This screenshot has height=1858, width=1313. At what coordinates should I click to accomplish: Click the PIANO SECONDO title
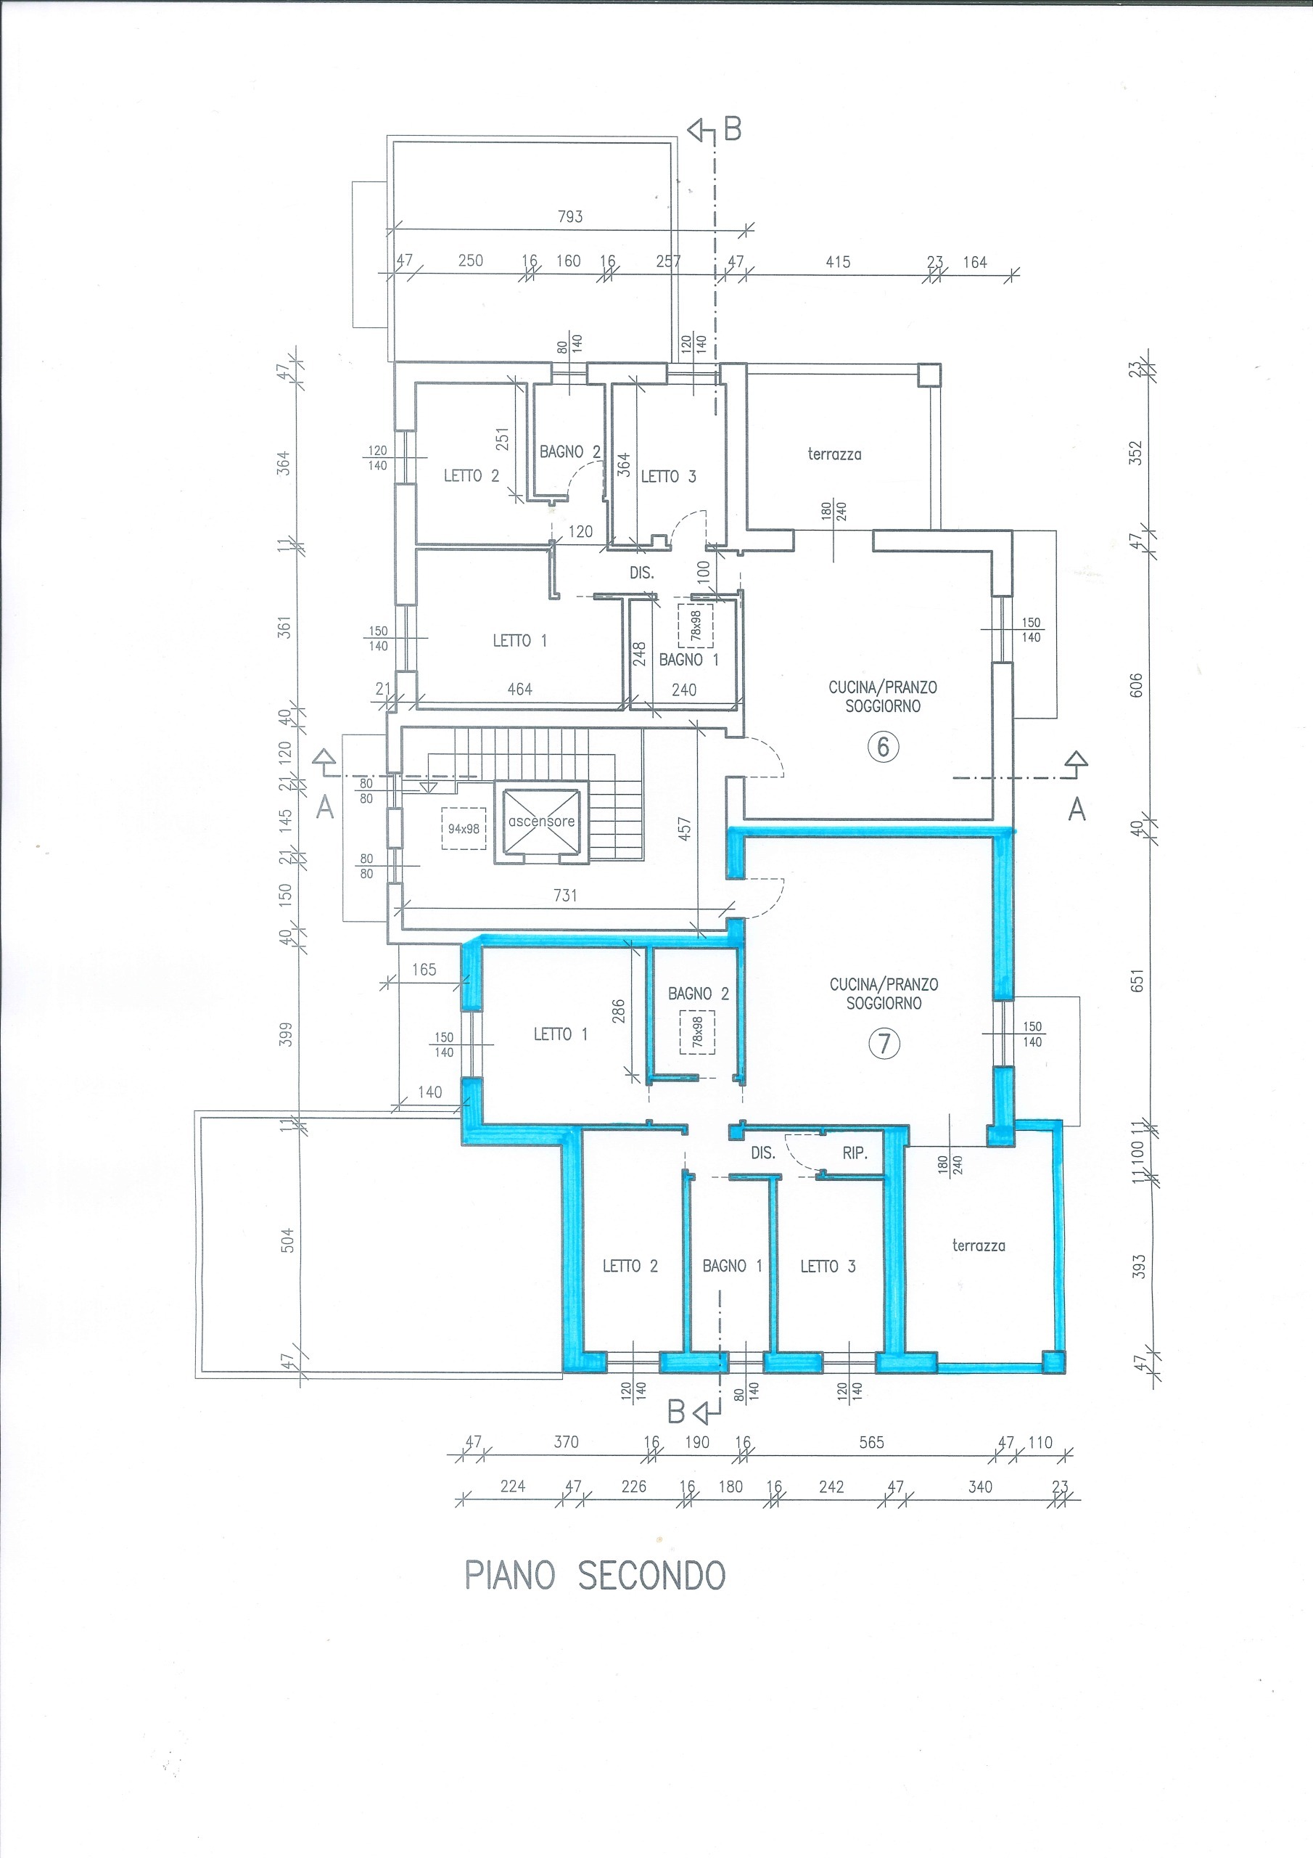tap(595, 1576)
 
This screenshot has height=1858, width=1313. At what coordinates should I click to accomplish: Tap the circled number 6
tap(883, 746)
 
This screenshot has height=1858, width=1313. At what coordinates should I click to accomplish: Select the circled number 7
tap(884, 1044)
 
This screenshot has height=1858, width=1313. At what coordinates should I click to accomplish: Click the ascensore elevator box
tap(541, 822)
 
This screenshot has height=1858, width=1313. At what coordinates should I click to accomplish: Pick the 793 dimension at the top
tap(570, 217)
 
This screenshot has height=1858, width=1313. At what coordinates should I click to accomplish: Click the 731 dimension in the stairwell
tap(566, 895)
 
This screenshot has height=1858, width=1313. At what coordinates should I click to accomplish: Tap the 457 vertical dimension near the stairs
tap(684, 828)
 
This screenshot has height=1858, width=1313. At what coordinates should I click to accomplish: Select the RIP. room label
tap(855, 1154)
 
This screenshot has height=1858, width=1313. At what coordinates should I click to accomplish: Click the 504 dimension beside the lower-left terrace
tap(287, 1240)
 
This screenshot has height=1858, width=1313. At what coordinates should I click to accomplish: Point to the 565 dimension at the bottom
tap(871, 1442)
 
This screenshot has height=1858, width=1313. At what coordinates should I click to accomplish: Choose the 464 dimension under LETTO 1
tap(519, 689)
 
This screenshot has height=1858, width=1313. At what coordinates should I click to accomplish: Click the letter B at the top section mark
tap(732, 129)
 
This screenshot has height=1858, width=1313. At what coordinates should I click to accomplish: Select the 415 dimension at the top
tap(838, 261)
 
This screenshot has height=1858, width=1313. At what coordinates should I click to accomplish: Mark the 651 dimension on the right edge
tap(1138, 981)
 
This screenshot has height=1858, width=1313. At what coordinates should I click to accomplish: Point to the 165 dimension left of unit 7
tap(424, 970)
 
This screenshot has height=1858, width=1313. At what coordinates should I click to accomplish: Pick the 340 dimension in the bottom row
tap(980, 1486)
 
